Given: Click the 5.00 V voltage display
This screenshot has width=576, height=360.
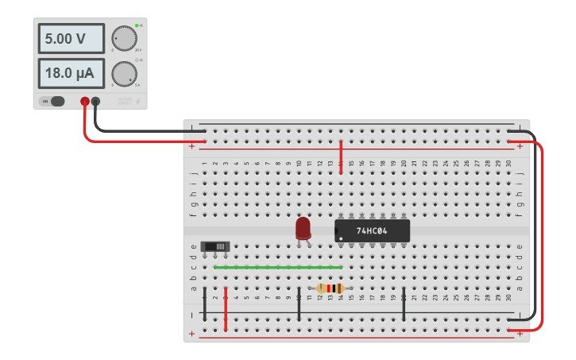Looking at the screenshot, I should pos(71,38).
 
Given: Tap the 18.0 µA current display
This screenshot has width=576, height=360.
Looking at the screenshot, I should pos(71,74).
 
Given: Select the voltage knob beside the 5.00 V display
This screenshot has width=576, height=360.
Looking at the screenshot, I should pos(123,37).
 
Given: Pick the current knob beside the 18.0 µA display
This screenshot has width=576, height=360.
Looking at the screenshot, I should pos(123,73).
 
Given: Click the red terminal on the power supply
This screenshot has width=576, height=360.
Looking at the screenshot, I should pos(85,101).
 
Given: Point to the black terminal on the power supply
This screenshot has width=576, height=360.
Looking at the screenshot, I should pos(96,101).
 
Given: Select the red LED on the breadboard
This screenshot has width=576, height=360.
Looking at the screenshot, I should pos(303,229).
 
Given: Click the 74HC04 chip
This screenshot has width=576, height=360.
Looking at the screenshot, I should pos(372,230).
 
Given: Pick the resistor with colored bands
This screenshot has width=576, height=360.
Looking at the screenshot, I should pos(330,288).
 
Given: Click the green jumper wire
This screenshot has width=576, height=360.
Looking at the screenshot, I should pos(278,267).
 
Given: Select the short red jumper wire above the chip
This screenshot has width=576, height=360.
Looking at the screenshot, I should pos(341,157).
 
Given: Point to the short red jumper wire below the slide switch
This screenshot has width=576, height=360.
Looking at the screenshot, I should pos(226,309).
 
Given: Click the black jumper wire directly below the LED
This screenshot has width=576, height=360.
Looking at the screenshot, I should pos(299,305).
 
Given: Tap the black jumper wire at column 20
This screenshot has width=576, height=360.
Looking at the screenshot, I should pos(404,305).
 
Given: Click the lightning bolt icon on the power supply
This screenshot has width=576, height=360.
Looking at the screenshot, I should pos(139,101).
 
